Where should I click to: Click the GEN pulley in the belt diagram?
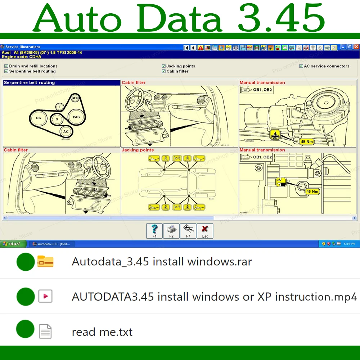(75, 98)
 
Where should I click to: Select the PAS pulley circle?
(76, 117)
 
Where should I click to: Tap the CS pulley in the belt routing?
(39, 118)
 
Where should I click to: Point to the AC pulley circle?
(66, 132)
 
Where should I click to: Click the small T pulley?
(60, 107)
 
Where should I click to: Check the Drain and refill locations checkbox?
(6, 66)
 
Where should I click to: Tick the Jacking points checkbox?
(163, 66)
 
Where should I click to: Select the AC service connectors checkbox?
(301, 66)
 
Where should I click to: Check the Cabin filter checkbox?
(163, 71)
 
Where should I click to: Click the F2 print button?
(171, 231)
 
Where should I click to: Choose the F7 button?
(188, 231)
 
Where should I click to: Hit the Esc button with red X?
(205, 231)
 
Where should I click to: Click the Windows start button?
(13, 244)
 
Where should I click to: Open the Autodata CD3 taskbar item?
(51, 244)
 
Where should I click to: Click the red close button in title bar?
(356, 47)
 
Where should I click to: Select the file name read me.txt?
(102, 332)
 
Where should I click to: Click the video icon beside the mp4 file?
(45, 296)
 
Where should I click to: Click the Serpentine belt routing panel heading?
(29, 82)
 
